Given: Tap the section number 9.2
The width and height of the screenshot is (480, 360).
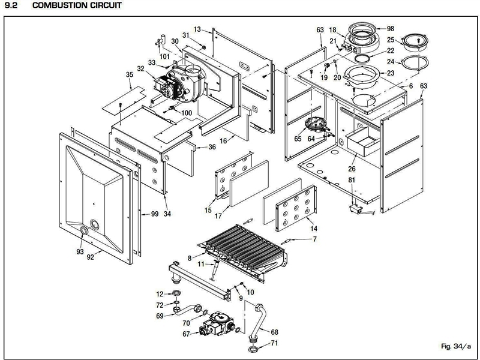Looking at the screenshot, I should (11, 5).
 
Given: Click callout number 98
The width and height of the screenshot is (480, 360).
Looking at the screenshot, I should (391, 29).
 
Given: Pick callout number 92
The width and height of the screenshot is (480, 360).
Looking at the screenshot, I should (91, 257).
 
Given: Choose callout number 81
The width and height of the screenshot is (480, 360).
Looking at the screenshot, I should (352, 180).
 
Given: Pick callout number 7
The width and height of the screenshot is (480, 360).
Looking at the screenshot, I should (314, 239).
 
